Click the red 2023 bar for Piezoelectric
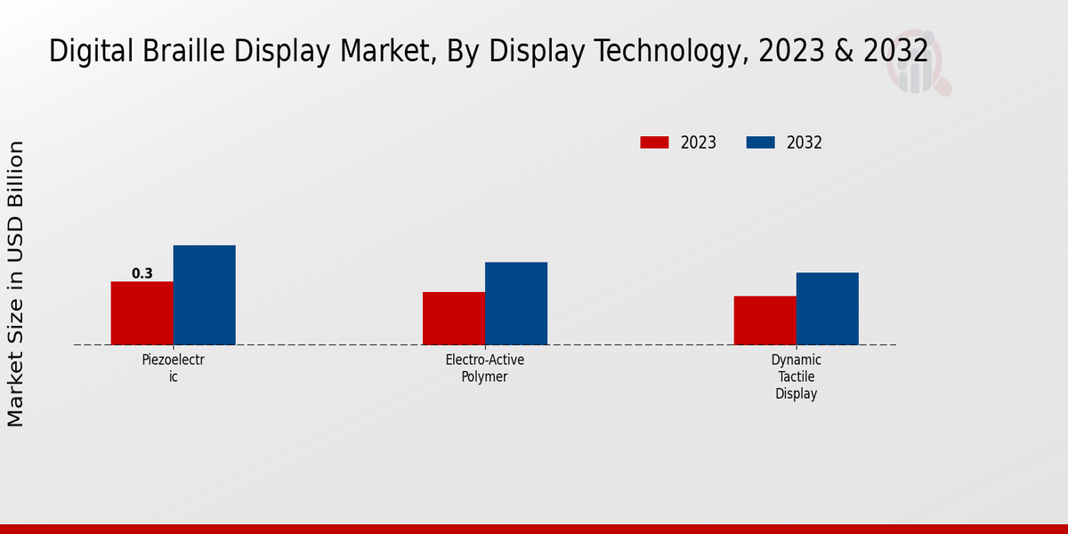(x=142, y=313)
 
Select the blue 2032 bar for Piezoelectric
(x=205, y=295)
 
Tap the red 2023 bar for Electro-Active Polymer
(x=454, y=319)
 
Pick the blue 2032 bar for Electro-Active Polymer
(x=516, y=303)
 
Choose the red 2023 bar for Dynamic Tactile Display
(x=765, y=320)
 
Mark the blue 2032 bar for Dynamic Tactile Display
(x=828, y=309)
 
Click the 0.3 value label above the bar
(x=142, y=273)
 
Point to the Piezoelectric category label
(x=174, y=368)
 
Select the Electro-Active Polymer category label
(x=485, y=368)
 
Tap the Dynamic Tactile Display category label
(x=797, y=376)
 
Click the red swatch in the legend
(x=654, y=142)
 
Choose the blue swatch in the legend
(x=760, y=142)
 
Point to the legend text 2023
(x=699, y=142)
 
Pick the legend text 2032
(x=805, y=142)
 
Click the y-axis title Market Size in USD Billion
(x=16, y=283)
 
